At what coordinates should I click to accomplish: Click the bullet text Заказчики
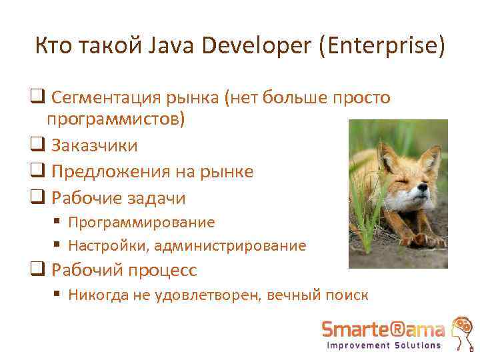(x=95, y=145)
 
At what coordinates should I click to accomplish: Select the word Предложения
(x=109, y=172)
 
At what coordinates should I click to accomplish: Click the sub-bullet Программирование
(x=141, y=222)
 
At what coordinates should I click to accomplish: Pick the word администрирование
(x=231, y=246)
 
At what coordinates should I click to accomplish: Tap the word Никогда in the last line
(x=98, y=295)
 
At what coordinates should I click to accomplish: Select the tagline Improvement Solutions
(x=383, y=345)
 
